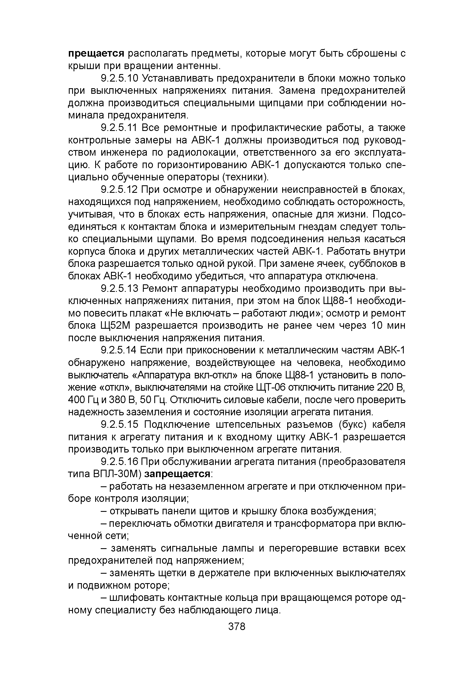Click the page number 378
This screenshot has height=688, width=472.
pos(237,627)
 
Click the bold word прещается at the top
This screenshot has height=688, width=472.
pos(96,54)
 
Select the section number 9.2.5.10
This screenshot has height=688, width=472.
pos(120,79)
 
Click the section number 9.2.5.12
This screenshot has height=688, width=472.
pos(119,190)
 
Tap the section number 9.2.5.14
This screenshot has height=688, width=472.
pos(118,350)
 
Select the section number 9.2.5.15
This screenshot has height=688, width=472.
pos(120,424)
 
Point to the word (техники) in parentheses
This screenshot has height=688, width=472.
pos(246,177)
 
